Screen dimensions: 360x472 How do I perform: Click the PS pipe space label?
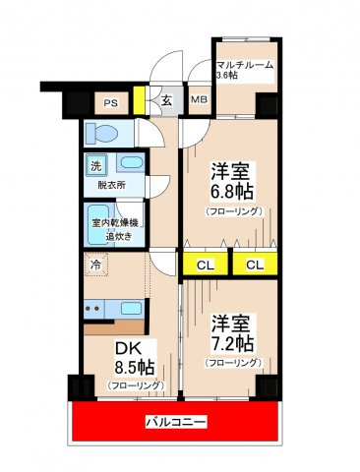pos(111,103)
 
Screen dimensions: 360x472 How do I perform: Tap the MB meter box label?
pos(200,99)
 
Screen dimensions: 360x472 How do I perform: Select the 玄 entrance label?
pos(166,100)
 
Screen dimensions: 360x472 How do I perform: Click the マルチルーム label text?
pos(245,65)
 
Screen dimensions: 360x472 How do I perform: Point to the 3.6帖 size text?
pos(227,75)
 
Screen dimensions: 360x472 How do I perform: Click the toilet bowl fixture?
pos(101,134)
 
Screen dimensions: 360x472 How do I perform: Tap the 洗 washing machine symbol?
pos(96,165)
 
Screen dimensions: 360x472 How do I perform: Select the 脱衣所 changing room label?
pos(112,185)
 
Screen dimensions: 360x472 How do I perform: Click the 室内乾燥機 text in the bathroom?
pos(114,223)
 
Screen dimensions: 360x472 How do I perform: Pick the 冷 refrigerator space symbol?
pos(96,265)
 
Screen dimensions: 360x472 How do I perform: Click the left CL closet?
pos(206,265)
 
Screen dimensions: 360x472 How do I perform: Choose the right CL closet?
pos(255,265)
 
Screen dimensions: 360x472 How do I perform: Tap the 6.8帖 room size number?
pos(232,192)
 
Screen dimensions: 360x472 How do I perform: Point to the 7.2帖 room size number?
pos(232,343)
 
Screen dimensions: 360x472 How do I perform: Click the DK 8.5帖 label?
pos(134,358)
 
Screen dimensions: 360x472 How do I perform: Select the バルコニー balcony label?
pos(176,421)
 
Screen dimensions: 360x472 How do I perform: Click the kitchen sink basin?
pos(131,308)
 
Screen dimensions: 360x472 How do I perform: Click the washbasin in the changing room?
pos(131,162)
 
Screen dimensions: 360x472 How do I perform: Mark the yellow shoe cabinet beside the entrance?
pos(139,100)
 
